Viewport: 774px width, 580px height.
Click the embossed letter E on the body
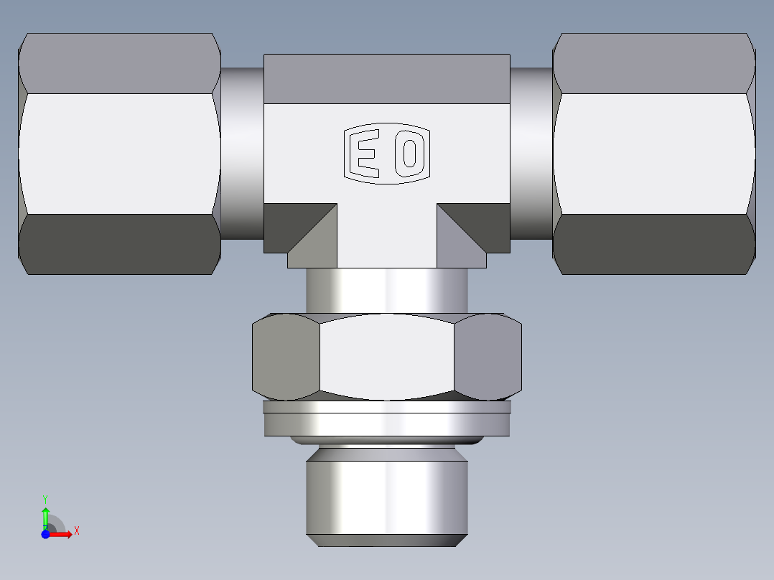[367, 153]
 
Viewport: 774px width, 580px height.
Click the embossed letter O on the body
[409, 153]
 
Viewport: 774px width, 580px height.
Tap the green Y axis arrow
[45, 514]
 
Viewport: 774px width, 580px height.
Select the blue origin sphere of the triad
[45, 534]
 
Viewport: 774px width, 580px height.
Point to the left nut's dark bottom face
[118, 244]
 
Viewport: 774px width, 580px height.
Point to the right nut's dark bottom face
[653, 244]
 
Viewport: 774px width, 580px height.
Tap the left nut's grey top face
[118, 63]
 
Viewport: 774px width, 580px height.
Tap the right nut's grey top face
[653, 63]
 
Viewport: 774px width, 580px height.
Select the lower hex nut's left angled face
[286, 357]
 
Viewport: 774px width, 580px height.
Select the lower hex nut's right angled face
[487, 357]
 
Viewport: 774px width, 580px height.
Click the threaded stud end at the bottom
[386, 495]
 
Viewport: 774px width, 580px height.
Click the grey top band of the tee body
[386, 78]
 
